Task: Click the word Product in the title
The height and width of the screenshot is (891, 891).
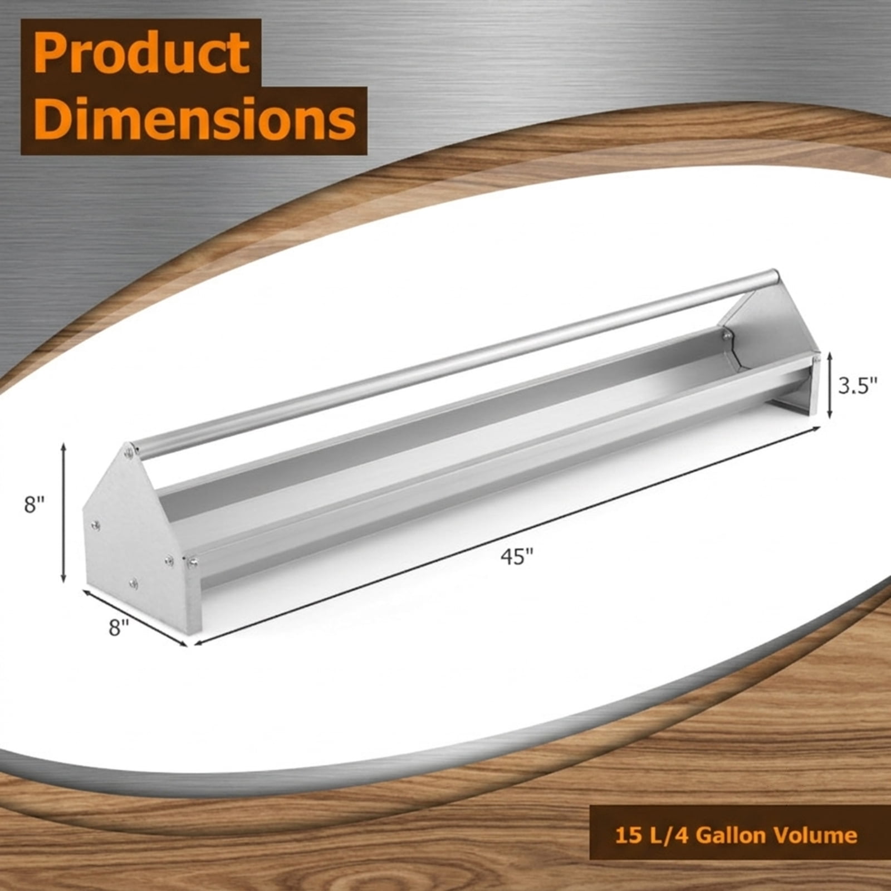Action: [142, 53]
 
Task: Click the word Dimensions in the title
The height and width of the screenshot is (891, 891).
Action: [194, 118]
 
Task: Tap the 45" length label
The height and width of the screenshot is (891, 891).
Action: [517, 556]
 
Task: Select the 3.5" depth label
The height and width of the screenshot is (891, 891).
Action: [858, 385]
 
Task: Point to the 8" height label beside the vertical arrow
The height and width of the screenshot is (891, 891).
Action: [34, 505]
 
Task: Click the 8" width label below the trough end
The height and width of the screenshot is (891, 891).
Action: [119, 628]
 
